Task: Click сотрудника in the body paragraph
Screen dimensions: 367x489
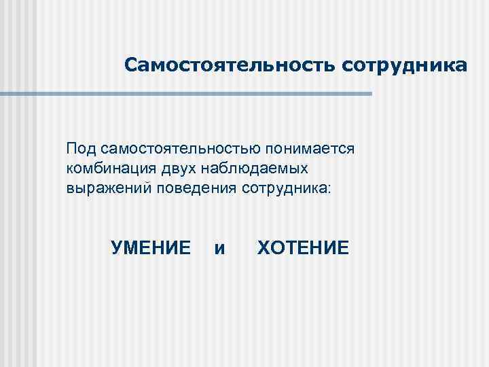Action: pyautogui.click(x=283, y=187)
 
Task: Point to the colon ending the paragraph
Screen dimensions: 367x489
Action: pyautogui.click(x=330, y=188)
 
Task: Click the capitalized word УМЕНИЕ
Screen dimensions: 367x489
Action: pyautogui.click(x=150, y=247)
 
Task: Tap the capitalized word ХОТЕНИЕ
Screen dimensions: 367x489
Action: pyautogui.click(x=303, y=247)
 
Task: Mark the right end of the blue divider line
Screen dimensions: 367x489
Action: pyautogui.click(x=371, y=94)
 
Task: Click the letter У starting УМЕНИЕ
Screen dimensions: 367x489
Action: pyautogui.click(x=115, y=247)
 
